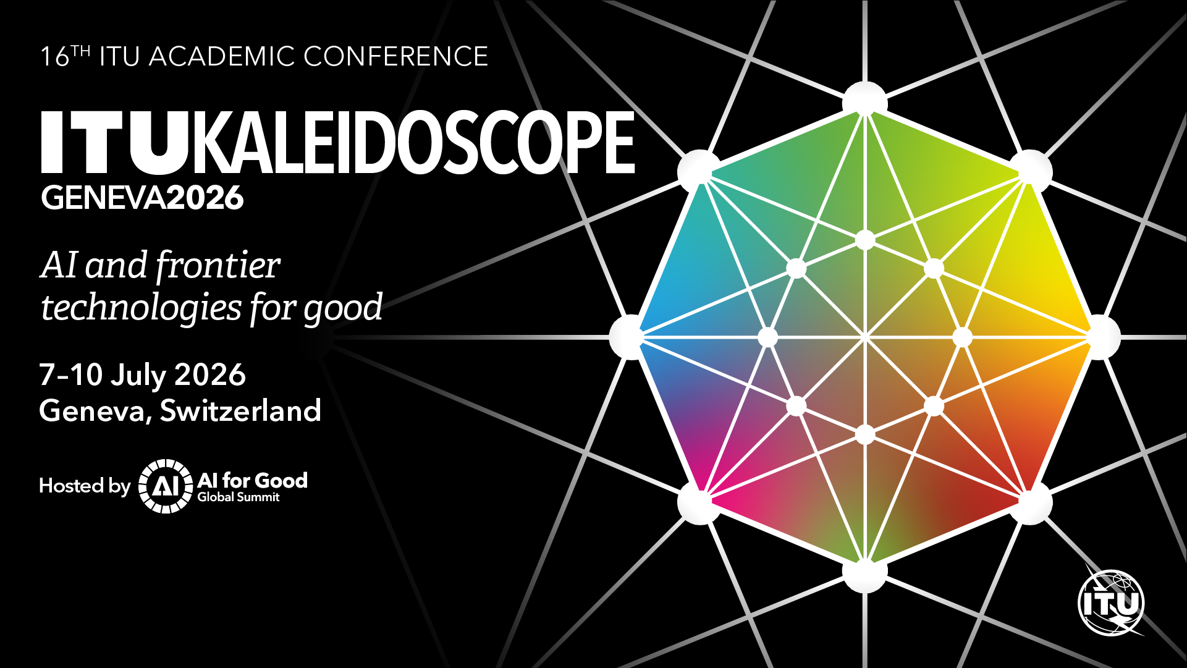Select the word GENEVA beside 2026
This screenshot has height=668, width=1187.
pyautogui.click(x=103, y=198)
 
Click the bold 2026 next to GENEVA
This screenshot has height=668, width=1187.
pyautogui.click(x=205, y=198)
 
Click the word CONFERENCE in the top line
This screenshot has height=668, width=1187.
pyautogui.click(x=396, y=56)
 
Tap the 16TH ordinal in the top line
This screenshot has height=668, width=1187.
pyautogui.click(x=65, y=56)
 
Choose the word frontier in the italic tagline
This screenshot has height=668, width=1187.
pyautogui.click(x=218, y=265)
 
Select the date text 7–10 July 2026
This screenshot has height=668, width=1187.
pyautogui.click(x=143, y=374)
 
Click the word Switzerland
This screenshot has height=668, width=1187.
pyautogui.click(x=241, y=410)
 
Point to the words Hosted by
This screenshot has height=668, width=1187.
pyautogui.click(x=85, y=486)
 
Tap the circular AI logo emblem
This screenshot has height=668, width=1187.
pyautogui.click(x=165, y=486)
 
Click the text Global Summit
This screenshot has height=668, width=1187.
pyautogui.click(x=239, y=497)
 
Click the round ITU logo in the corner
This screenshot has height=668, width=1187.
pyautogui.click(x=1111, y=602)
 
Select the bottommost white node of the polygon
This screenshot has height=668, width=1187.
pyautogui.click(x=865, y=573)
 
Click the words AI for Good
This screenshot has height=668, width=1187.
pyautogui.click(x=252, y=480)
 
